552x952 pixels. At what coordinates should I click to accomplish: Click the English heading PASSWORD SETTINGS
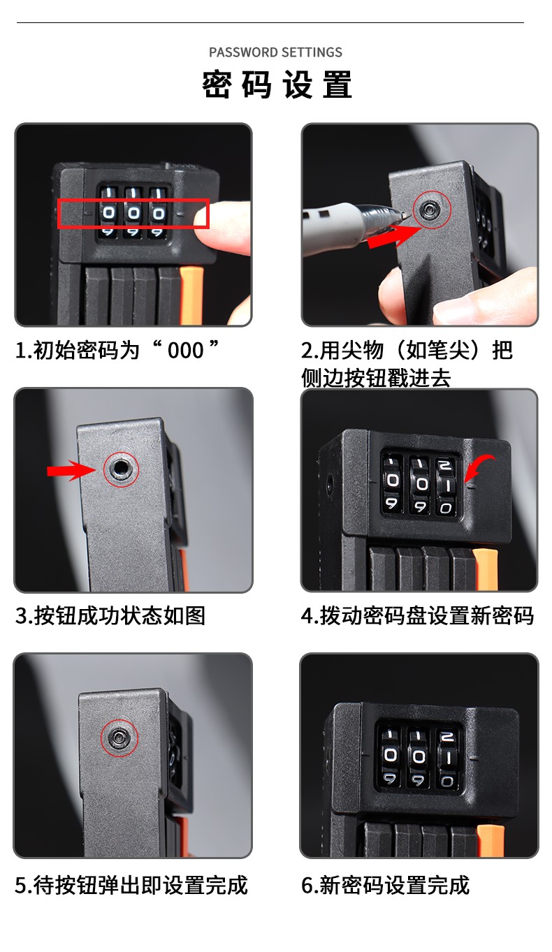tap(275, 52)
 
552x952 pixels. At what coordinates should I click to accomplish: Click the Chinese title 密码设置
tap(277, 85)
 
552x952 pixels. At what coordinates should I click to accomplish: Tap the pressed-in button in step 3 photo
tap(121, 469)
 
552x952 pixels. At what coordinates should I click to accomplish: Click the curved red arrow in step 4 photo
tap(480, 467)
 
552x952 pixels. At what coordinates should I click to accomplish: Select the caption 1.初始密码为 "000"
tap(117, 351)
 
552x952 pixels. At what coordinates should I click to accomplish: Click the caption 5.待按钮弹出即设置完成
tap(131, 885)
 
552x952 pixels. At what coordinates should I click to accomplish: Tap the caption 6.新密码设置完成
tap(385, 885)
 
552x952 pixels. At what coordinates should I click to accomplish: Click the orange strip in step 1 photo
tap(191, 296)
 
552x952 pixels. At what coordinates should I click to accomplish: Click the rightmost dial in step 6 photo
tap(446, 756)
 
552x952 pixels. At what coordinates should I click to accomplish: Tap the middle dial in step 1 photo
tap(133, 212)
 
